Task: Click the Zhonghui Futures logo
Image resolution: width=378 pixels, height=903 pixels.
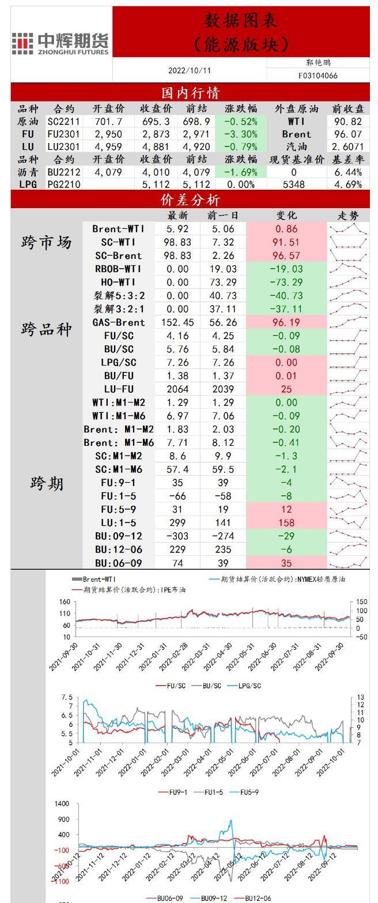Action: click(x=61, y=43)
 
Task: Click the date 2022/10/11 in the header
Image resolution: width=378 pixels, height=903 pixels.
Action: click(x=190, y=70)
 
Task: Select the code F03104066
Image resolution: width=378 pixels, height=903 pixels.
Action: click(x=318, y=76)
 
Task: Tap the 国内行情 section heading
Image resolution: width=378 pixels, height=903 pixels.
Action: click(x=190, y=92)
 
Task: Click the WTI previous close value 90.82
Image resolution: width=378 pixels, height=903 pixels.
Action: click(x=348, y=122)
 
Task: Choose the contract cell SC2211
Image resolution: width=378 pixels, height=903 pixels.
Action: click(x=63, y=122)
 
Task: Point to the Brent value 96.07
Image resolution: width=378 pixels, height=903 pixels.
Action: click(x=348, y=134)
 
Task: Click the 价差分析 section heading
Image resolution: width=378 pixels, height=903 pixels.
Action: click(x=190, y=200)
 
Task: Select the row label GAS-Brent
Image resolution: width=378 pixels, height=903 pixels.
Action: click(x=118, y=322)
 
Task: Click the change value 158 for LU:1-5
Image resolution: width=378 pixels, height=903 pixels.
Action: click(x=286, y=523)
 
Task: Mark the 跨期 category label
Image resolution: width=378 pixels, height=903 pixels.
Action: click(x=47, y=483)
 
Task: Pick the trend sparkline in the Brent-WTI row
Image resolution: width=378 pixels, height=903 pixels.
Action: click(x=348, y=229)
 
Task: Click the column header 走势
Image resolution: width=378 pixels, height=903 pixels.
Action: click(x=348, y=216)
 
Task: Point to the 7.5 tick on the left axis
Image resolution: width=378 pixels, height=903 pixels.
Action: click(x=67, y=698)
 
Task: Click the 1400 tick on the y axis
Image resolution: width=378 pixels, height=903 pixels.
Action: click(x=62, y=804)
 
